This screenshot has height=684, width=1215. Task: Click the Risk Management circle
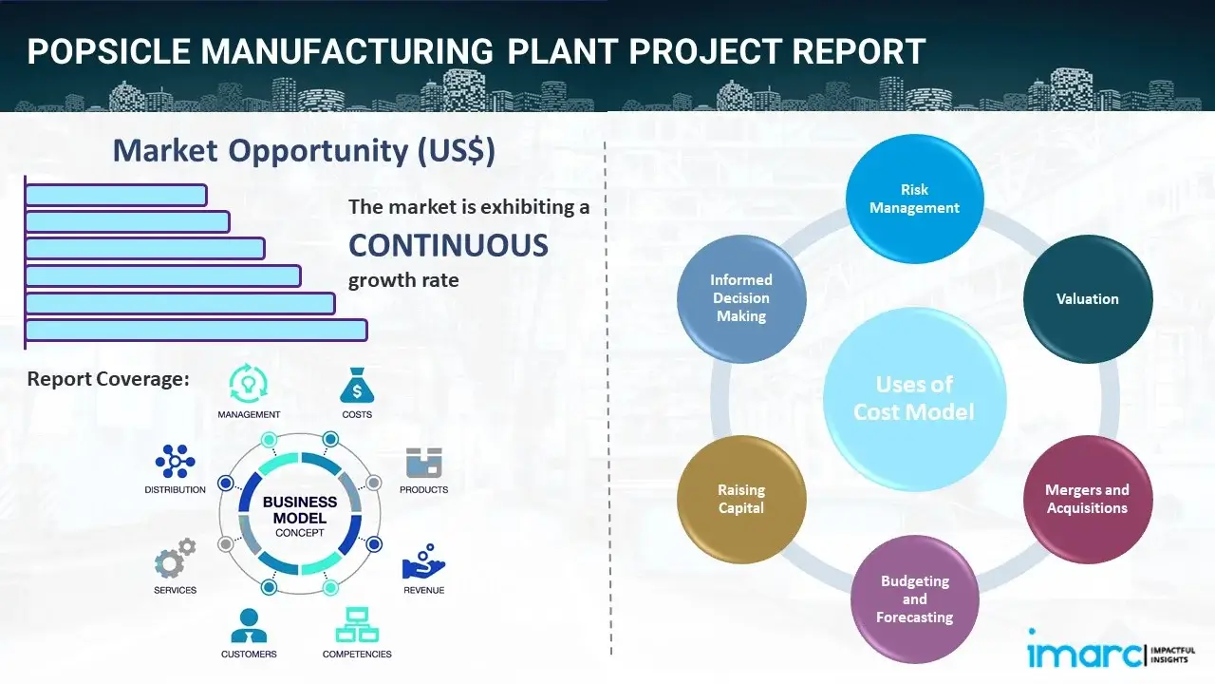tap(914, 199)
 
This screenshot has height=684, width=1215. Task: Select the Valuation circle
tap(1087, 299)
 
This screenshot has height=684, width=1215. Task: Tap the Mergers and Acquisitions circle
tap(1087, 499)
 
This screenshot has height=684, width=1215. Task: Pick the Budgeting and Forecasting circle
tap(914, 598)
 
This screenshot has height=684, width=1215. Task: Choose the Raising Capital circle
tap(741, 499)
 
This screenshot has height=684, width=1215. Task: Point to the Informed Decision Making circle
tap(741, 298)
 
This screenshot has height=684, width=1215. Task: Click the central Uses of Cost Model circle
tap(914, 398)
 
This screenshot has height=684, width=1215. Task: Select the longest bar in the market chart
tap(196, 330)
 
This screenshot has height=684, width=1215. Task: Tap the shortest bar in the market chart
tap(116, 195)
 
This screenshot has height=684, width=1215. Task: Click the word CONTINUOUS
tap(448, 245)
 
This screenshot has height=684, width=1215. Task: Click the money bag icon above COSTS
tap(357, 386)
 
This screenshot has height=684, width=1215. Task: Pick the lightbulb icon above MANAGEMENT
tap(248, 385)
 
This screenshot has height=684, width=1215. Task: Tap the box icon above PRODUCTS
tap(423, 463)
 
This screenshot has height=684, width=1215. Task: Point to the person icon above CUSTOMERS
tap(249, 625)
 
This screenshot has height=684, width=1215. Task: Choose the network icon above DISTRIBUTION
tap(175, 462)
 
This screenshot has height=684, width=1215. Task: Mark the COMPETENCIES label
tap(357, 654)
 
